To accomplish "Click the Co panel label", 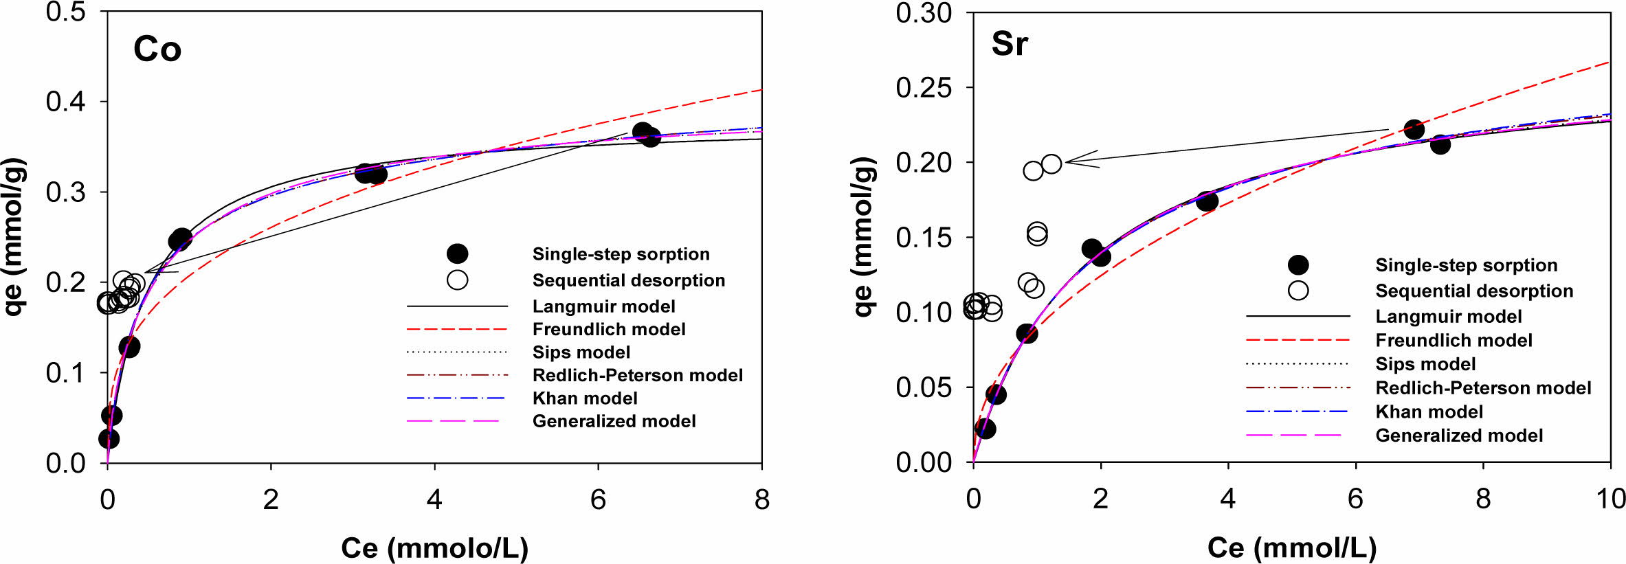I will pos(157,49).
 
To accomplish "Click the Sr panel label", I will pos(1010,44).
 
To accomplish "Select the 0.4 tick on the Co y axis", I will pos(66,102).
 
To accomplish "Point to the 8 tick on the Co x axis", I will pos(761,499).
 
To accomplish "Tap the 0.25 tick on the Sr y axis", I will pos(924,88).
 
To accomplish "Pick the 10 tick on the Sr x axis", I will pos(1610,499).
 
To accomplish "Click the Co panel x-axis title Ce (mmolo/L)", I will pos(434,548).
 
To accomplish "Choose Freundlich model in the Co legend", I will pos(609,329).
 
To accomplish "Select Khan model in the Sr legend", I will pos(1429,411).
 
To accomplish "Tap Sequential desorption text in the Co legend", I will pos(629,280).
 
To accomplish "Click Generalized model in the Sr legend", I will pos(1459,436).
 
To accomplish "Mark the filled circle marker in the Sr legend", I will pos(1298,265).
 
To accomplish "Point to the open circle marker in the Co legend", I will pos(457,280).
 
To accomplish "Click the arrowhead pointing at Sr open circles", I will pos(1069,161).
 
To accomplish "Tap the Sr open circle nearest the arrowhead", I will pos(1051,163).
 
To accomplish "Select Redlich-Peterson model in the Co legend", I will pos(637,375).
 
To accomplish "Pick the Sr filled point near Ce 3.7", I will pos(1207,201).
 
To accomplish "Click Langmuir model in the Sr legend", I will pos(1448,317).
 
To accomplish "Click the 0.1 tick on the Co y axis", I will pos(66,373).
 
